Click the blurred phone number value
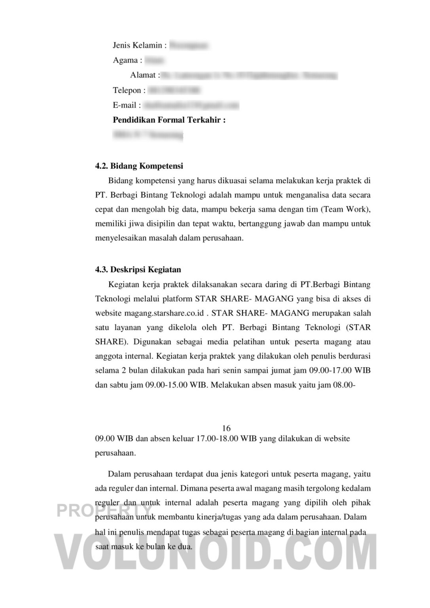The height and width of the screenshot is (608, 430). pos(174,90)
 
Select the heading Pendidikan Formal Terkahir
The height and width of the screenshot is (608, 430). pos(169,120)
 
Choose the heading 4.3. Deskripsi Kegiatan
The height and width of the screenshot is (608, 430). pos(138,270)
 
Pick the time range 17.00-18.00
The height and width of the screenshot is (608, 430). pos(217,439)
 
